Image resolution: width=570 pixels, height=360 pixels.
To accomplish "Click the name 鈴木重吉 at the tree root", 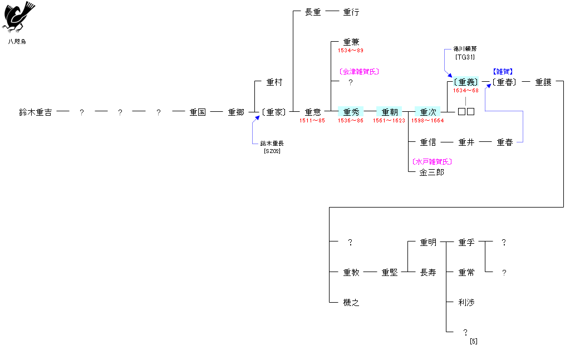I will click(x=36, y=112).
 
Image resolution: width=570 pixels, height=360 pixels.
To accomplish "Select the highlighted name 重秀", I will click(x=351, y=112).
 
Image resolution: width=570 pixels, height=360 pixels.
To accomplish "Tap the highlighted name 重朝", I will click(x=390, y=112).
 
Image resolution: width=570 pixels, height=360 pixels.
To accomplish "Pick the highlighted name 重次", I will click(x=428, y=112).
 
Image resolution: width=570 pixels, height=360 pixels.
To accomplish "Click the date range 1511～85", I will click(x=312, y=121).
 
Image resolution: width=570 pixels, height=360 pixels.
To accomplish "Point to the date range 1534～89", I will click(x=351, y=51).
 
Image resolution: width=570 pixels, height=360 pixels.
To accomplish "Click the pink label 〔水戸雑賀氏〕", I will click(x=432, y=162).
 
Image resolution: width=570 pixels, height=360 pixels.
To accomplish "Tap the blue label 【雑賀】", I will click(x=503, y=72).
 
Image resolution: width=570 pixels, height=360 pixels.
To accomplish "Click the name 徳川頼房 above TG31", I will click(x=465, y=49).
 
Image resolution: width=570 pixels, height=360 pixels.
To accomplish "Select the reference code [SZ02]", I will click(x=272, y=151).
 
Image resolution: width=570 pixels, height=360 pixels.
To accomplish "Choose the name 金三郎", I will click(x=432, y=172).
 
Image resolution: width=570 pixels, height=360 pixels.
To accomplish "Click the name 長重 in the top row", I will click(x=313, y=12).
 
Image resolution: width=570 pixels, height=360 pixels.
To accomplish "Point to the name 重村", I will click(x=274, y=82).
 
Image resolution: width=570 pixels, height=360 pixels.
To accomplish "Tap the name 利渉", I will click(x=466, y=303).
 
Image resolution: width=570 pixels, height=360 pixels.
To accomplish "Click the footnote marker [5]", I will click(x=474, y=341).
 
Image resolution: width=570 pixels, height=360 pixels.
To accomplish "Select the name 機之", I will click(x=351, y=303).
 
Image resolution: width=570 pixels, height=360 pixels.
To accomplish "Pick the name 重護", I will click(x=543, y=82).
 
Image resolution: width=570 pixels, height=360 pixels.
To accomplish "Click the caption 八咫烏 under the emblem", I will click(x=17, y=42).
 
